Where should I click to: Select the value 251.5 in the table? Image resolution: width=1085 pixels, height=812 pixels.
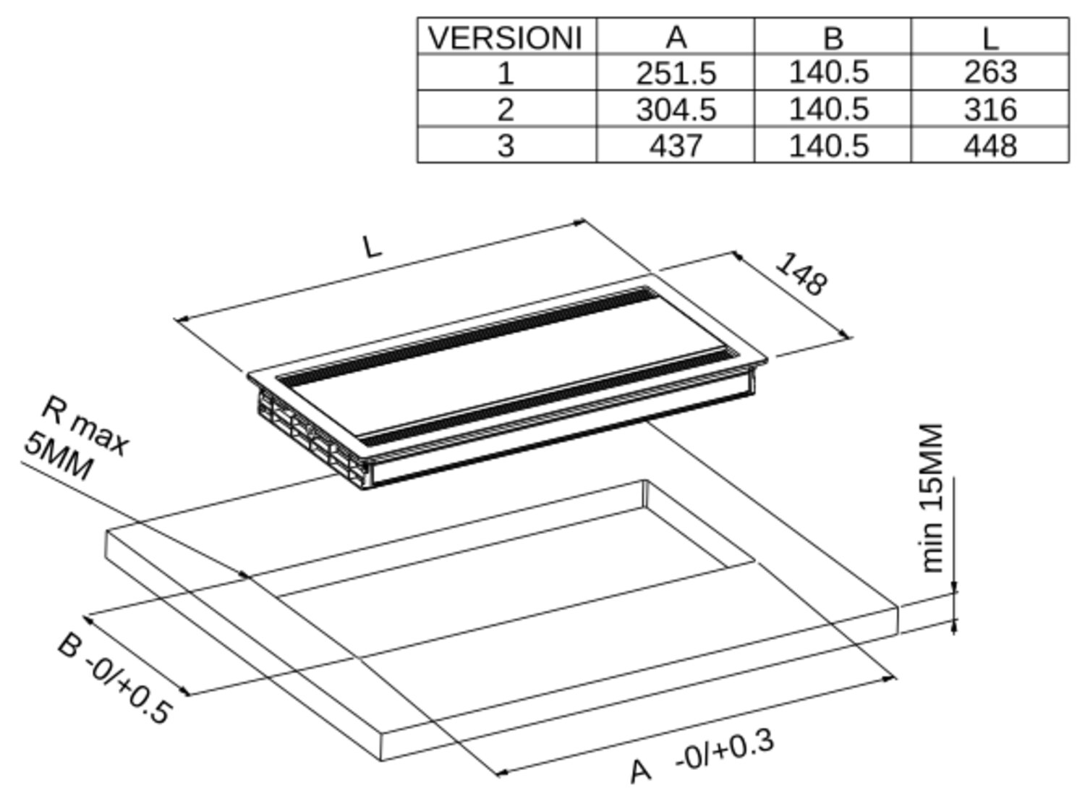[x=676, y=73]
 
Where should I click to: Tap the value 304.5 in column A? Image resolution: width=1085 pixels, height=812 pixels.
[x=676, y=109]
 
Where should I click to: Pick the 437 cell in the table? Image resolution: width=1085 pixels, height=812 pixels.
[x=676, y=146]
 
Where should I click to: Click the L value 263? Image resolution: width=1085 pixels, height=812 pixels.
[x=990, y=72]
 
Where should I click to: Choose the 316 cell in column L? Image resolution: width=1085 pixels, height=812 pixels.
[x=990, y=109]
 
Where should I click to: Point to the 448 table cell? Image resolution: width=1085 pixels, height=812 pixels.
[x=990, y=146]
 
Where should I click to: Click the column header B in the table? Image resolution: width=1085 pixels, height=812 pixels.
[x=833, y=38]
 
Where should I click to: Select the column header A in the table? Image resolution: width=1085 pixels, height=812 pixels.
[x=676, y=37]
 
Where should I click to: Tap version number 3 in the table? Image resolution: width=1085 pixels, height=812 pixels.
[x=506, y=146]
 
